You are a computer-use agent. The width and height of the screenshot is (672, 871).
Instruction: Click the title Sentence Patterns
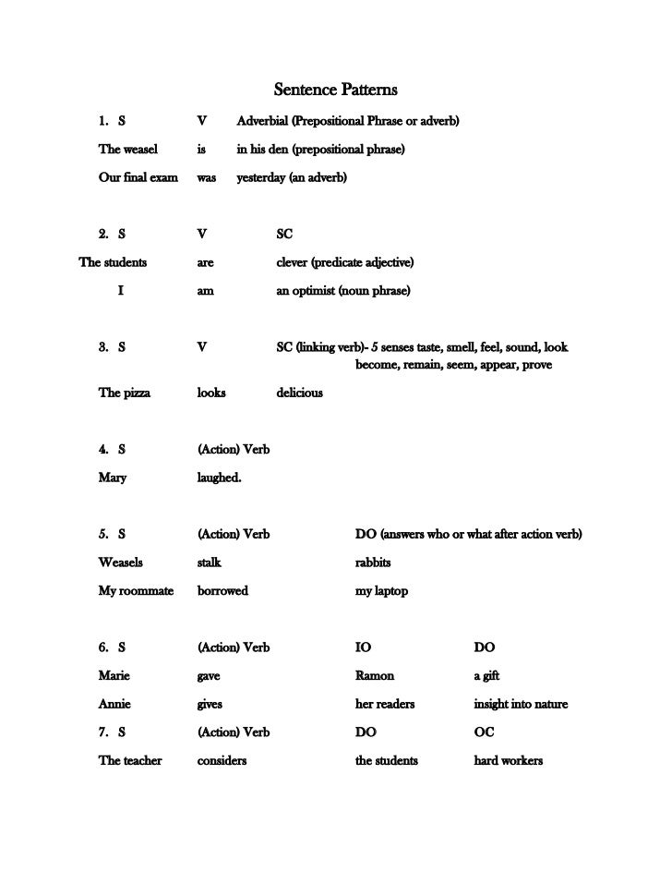point(336,91)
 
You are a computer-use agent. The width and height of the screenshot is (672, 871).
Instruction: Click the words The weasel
point(128,149)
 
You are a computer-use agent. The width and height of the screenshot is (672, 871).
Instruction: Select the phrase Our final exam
point(138,176)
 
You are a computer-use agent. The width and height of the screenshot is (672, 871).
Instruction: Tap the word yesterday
point(262,176)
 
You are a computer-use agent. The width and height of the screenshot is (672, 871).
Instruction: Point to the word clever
point(295,262)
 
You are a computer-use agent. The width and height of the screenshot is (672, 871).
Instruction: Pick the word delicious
point(300,393)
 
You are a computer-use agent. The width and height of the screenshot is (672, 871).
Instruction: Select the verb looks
point(211,393)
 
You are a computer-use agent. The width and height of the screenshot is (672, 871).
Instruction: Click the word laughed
point(219,478)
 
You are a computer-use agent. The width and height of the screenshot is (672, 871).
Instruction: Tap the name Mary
point(113,478)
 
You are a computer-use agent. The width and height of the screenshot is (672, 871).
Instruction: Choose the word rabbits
point(373,562)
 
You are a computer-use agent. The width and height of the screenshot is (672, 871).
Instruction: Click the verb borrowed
point(222,590)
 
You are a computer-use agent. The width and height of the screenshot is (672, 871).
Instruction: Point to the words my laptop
point(381,590)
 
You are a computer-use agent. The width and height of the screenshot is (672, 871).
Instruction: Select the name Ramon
point(375,675)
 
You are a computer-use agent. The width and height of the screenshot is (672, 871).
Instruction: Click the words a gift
point(486,675)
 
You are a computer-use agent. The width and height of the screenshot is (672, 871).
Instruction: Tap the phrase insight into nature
point(521,704)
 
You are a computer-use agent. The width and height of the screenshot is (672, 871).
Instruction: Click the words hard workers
point(509,760)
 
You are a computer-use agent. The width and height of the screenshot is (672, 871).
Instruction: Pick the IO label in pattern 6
point(364,647)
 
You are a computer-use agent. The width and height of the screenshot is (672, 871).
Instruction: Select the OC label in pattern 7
point(484,732)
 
